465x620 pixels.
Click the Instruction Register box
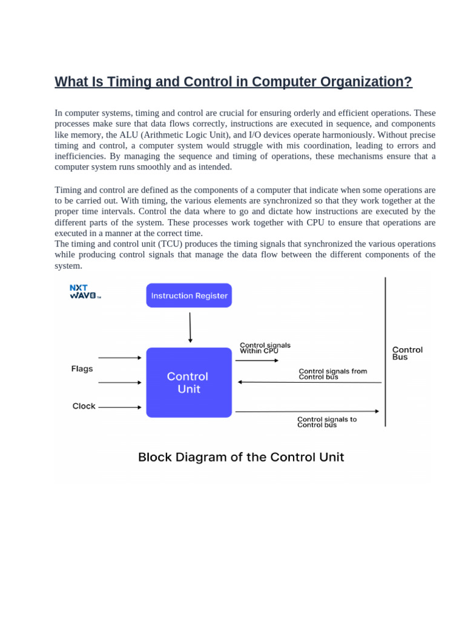189,295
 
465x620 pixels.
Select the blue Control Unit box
189,382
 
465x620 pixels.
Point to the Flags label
82,369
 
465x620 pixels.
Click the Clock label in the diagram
84,406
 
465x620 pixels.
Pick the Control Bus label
407,353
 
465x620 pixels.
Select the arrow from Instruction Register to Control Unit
190,328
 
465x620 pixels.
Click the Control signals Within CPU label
265,348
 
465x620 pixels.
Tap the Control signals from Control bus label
332,374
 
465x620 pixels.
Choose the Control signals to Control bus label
327,421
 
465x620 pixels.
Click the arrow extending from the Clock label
119,407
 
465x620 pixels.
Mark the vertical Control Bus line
385,351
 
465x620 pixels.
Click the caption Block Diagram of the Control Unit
241,457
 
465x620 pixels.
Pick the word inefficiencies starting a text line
80,156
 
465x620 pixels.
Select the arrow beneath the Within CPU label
257,361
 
